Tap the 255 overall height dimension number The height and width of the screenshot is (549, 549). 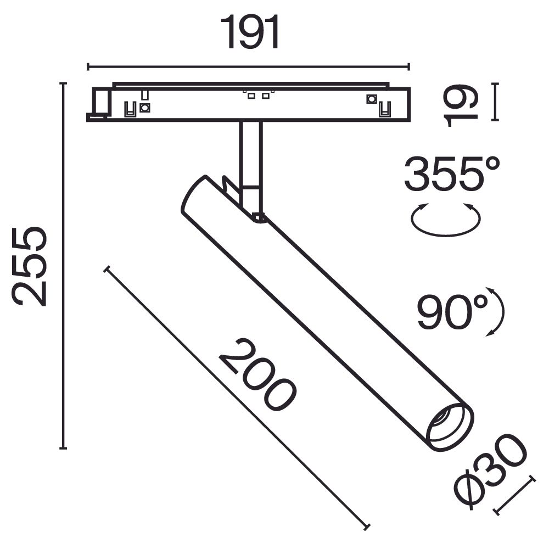pos(30,266)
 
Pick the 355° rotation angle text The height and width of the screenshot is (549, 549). pos(451,173)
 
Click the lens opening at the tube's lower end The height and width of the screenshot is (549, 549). pos(449,424)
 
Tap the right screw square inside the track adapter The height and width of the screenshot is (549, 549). pos(371,99)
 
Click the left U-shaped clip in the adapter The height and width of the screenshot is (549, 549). pos(130,109)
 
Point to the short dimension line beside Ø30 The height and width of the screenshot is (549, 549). pos(514,495)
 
